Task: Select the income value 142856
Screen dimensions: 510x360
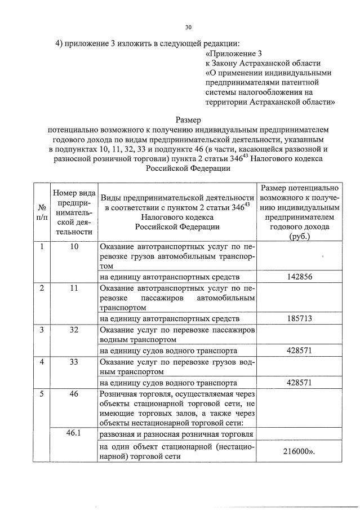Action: click(x=300, y=277)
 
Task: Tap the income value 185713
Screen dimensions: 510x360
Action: click(x=300, y=318)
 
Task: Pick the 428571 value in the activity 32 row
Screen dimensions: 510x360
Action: click(x=300, y=350)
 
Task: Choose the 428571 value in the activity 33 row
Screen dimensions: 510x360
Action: click(x=300, y=382)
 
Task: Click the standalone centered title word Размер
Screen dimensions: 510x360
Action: click(x=188, y=119)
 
